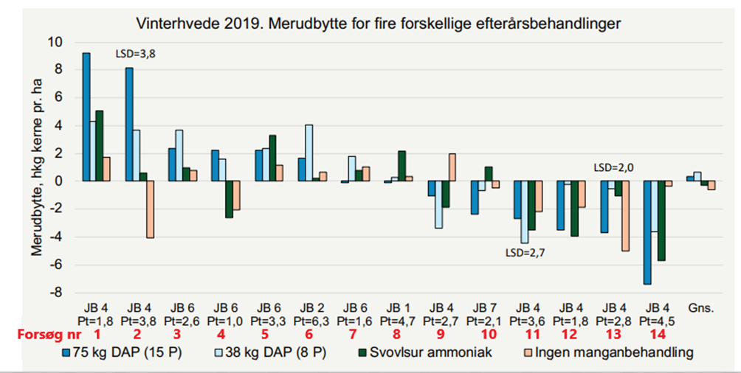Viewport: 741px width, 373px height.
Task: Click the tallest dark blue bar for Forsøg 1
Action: (86, 117)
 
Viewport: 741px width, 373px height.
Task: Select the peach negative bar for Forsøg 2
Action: (151, 209)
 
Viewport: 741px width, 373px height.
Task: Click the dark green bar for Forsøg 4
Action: (229, 199)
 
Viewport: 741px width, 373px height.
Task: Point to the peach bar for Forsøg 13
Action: (626, 216)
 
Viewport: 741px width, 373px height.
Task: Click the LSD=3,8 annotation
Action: (137, 54)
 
